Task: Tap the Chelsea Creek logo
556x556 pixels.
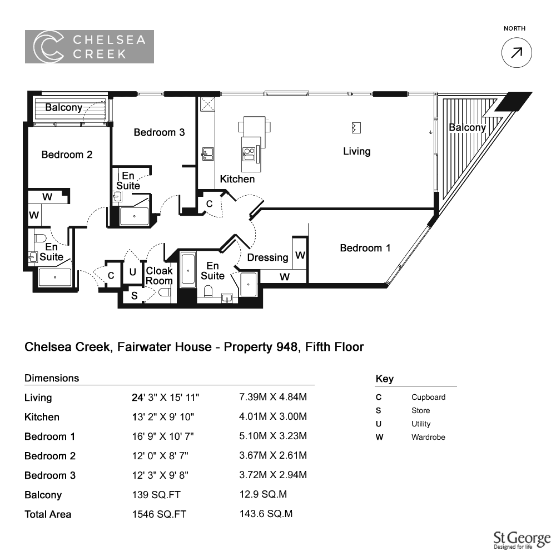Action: [x=90, y=47]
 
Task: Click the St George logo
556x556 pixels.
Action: [x=522, y=540]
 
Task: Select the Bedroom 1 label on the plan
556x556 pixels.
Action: [x=365, y=248]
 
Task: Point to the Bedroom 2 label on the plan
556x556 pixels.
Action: [x=67, y=155]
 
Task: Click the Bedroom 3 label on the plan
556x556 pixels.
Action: [x=159, y=132]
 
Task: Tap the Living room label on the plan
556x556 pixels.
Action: [x=357, y=151]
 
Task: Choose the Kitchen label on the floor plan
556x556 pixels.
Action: [x=237, y=179]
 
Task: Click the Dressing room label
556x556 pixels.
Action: [x=268, y=257]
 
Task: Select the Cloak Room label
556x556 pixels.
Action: [x=159, y=276]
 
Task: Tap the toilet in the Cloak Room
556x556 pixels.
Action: [x=165, y=292]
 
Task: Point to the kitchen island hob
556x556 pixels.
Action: [x=249, y=154]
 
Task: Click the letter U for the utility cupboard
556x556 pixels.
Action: [x=133, y=272]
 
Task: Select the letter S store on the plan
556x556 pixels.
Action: [x=135, y=295]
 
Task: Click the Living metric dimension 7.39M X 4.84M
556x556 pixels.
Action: [x=273, y=397]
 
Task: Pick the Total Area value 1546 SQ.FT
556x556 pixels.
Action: [x=159, y=514]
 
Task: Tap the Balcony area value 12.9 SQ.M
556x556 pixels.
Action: [x=263, y=494]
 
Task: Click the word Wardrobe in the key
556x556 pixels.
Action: [x=428, y=437]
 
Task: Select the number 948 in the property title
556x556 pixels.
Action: [x=287, y=346]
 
